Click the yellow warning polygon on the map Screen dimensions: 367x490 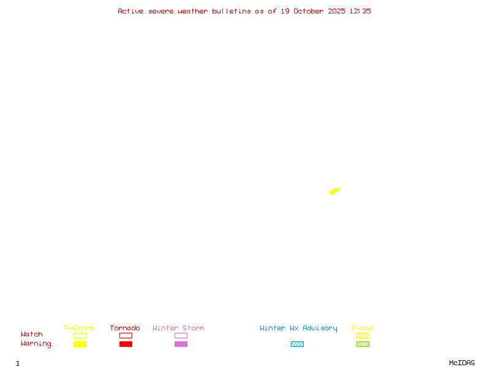(334, 191)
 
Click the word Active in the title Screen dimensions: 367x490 (130, 11)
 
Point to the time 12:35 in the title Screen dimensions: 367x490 (360, 11)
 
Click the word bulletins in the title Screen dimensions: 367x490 (232, 11)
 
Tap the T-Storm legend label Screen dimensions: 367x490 (79, 328)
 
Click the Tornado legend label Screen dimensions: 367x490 (125, 328)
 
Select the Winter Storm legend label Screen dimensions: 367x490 (178, 328)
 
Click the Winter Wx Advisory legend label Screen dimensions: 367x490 (298, 328)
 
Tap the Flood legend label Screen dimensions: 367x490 (363, 328)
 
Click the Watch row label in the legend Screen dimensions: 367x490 (32, 335)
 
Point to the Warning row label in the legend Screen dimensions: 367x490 (36, 344)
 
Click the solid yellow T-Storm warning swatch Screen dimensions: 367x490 (80, 344)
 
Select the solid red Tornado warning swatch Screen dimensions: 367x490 (126, 344)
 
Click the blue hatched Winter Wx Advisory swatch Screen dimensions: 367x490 (297, 344)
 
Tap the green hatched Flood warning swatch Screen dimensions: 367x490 (363, 344)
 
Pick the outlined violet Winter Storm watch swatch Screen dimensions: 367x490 (181, 336)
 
